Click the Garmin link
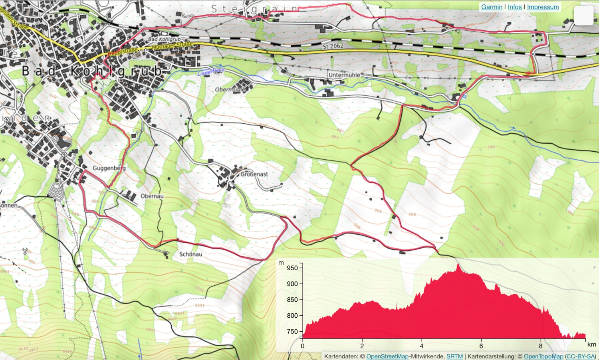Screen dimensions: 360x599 click(492, 7)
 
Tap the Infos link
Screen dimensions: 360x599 click(515, 7)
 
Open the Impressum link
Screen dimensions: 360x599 click(543, 7)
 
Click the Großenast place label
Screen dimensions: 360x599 click(254, 174)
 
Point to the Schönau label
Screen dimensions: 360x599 click(190, 254)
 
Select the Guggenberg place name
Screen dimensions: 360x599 click(109, 168)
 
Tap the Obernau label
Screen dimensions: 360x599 click(152, 196)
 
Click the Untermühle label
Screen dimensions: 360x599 click(344, 75)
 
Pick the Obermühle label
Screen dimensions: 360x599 click(230, 89)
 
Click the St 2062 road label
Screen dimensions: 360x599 click(333, 46)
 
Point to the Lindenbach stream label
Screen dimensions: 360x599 click(211, 72)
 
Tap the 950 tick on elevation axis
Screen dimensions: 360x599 click(292, 268)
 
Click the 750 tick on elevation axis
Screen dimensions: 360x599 click(292, 331)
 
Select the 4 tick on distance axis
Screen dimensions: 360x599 click(421, 346)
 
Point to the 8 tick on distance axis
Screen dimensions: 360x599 click(541, 346)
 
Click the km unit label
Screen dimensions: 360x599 click(591, 344)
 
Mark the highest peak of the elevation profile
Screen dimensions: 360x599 click(458, 265)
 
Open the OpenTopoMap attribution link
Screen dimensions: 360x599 click(543, 356)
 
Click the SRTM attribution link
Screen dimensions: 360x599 click(454, 356)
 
